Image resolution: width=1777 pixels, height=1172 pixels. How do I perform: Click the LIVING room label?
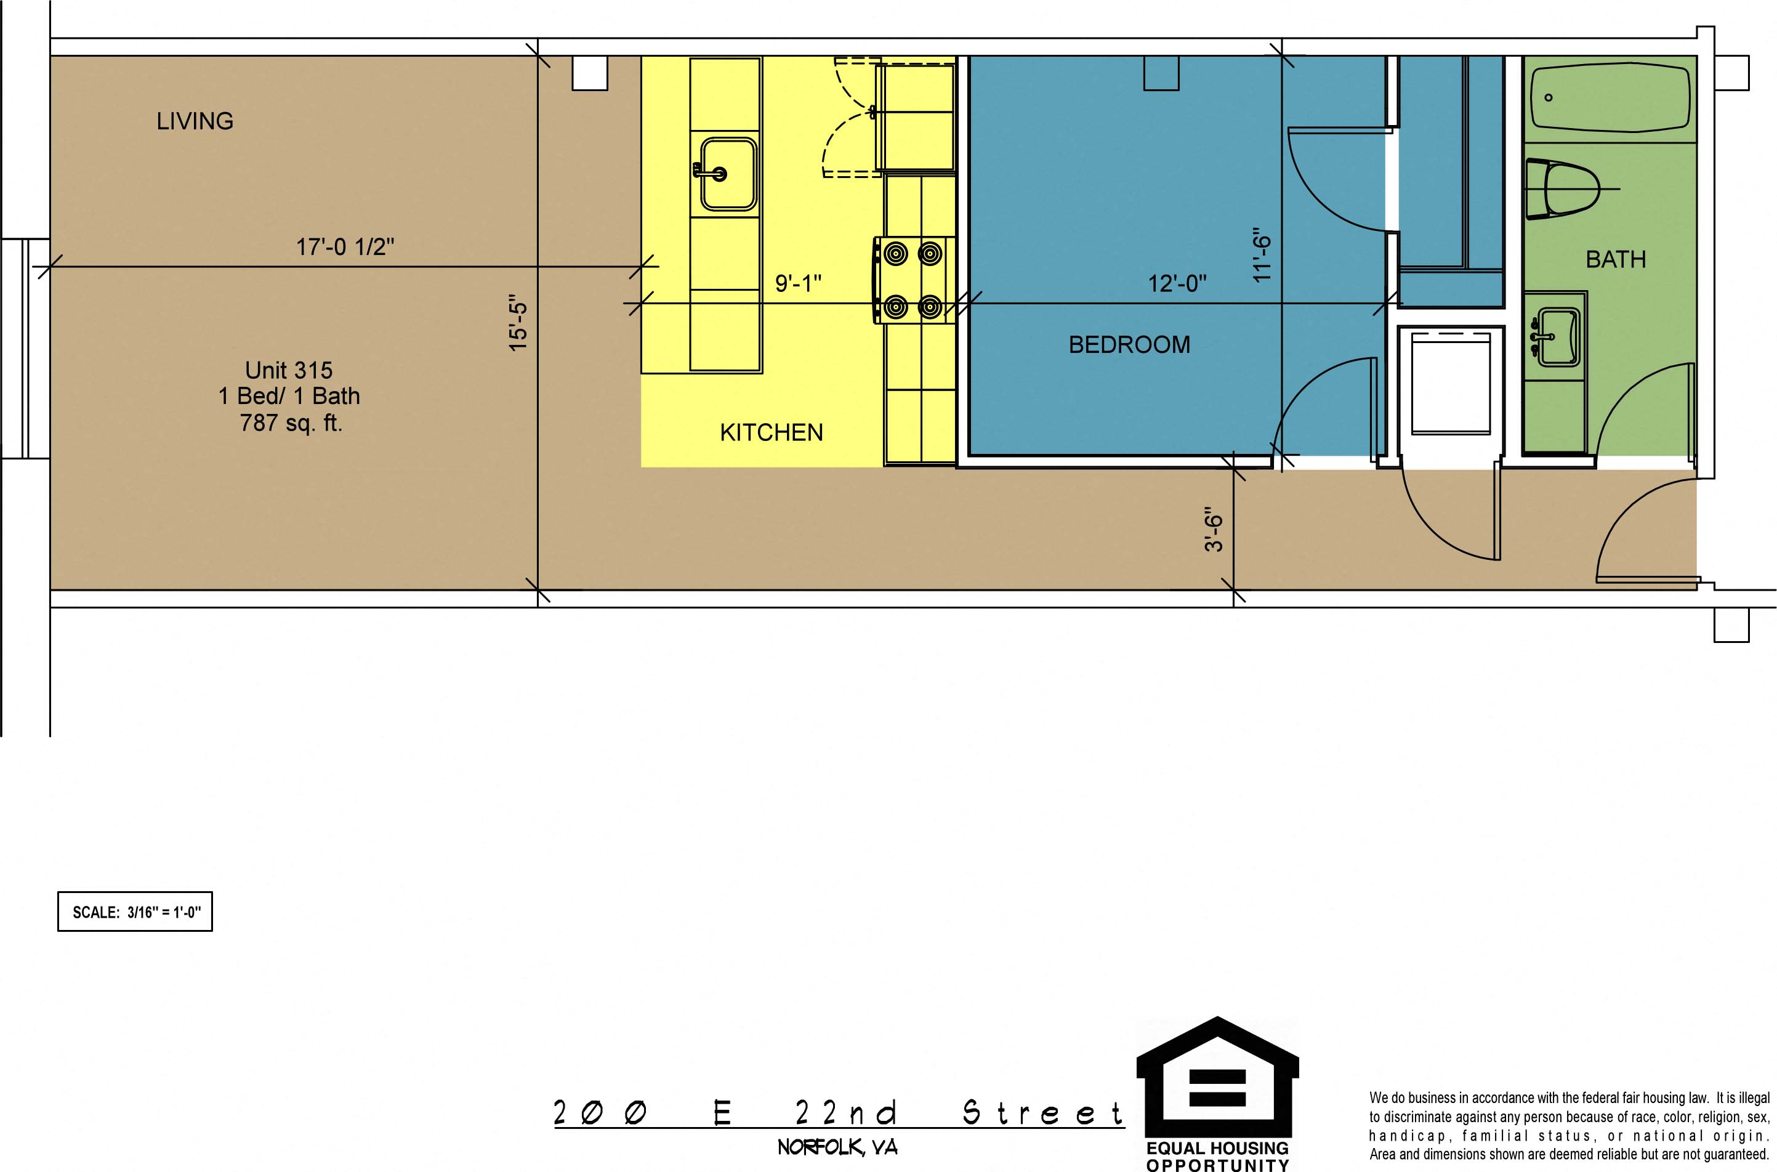195,121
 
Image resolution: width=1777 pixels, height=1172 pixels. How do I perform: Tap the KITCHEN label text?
771,432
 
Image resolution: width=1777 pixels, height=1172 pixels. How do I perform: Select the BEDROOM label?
1129,344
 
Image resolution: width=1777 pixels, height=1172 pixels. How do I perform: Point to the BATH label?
1616,259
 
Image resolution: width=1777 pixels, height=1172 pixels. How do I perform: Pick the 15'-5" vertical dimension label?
518,323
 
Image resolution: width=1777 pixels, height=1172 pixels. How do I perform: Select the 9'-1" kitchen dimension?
798,283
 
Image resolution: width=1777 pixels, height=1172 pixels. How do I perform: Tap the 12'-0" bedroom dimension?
1177,283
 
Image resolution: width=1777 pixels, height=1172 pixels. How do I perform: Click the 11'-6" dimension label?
1262,255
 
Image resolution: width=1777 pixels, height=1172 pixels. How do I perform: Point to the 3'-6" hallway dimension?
1214,530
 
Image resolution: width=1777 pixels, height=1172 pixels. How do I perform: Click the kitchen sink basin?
728,174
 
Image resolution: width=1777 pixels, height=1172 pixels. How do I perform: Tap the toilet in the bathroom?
1561,188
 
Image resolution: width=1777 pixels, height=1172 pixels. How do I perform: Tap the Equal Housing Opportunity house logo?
1217,1077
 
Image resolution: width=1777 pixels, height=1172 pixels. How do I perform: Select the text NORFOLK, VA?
837,1147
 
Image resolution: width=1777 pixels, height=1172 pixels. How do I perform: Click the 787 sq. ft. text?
291,423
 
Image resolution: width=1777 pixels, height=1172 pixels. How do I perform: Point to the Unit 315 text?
289,370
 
